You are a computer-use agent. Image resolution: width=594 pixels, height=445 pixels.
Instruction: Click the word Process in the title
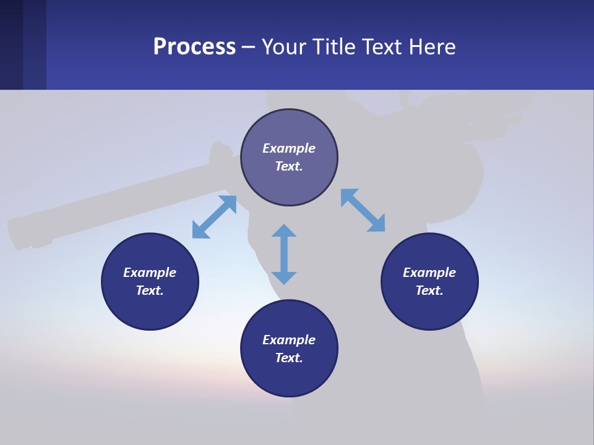(x=194, y=47)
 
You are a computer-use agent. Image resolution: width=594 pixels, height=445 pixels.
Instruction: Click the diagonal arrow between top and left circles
(x=214, y=217)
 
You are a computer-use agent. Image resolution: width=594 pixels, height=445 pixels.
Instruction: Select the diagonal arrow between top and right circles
(x=363, y=210)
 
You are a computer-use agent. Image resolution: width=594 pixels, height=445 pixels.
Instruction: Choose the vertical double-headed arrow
(x=284, y=254)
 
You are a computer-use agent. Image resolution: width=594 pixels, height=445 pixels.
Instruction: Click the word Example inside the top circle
(x=289, y=148)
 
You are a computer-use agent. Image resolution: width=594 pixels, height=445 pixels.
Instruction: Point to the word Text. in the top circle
(x=289, y=166)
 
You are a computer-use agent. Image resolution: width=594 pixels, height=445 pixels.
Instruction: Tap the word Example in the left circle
(x=150, y=273)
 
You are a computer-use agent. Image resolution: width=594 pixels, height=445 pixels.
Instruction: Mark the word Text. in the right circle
(x=429, y=290)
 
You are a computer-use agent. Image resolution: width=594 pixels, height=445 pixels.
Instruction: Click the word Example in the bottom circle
(x=289, y=340)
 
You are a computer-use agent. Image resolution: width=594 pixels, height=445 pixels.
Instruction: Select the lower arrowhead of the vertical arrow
(x=284, y=278)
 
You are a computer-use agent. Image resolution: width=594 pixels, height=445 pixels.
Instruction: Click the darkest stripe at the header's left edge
(x=11, y=44)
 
